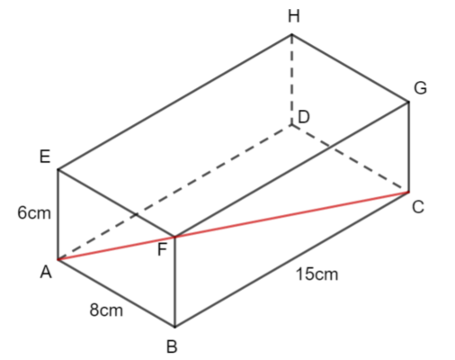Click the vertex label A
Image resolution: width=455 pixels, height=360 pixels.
(x=46, y=273)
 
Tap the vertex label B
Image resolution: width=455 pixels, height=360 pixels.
(x=172, y=346)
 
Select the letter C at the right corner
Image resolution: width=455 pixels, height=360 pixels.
(x=418, y=207)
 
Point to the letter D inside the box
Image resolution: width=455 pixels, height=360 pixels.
(x=304, y=117)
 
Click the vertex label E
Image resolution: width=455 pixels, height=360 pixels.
(x=45, y=157)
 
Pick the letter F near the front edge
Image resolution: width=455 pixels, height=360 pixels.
(x=162, y=249)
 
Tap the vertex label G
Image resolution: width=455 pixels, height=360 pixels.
(x=421, y=88)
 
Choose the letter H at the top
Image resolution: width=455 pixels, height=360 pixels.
(x=294, y=16)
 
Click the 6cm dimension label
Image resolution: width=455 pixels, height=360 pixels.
(x=34, y=213)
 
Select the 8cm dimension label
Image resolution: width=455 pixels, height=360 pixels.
(x=106, y=310)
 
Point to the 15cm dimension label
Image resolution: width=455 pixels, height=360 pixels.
(x=317, y=274)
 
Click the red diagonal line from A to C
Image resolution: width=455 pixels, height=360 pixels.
(x=233, y=226)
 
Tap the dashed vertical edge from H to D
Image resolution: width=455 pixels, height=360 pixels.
(x=292, y=80)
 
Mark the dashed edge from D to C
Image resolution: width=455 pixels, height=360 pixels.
(x=351, y=158)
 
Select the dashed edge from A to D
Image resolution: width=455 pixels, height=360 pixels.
(x=174, y=193)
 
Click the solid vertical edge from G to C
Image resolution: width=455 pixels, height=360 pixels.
(x=409, y=147)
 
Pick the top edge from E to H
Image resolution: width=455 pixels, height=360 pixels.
(x=175, y=103)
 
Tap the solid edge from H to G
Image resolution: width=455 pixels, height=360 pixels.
(x=351, y=68)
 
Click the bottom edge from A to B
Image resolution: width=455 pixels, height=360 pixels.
(x=116, y=292)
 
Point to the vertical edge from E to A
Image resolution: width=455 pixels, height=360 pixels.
(x=58, y=214)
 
